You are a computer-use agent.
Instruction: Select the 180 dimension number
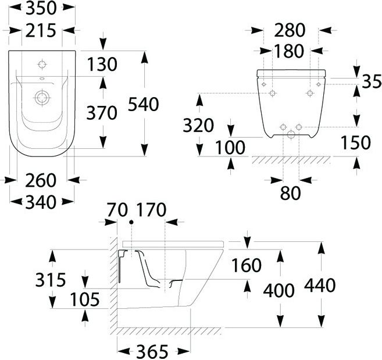point(289,51)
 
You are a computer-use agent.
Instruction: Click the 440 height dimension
point(320,286)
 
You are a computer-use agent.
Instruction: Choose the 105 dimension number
point(86,300)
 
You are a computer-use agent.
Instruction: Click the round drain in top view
point(41,97)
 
